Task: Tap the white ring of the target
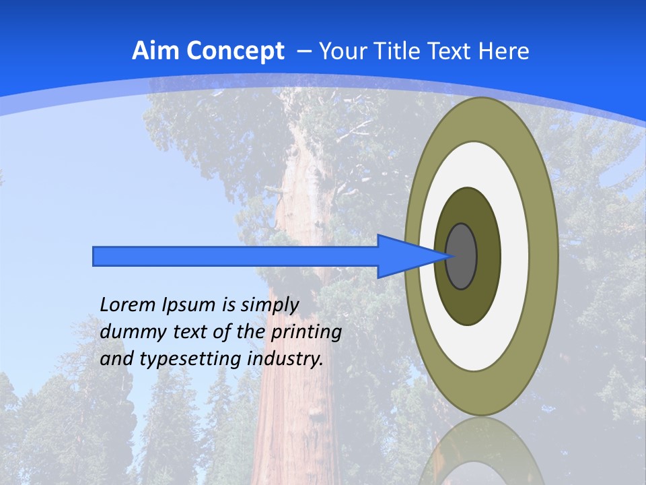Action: tap(515, 256)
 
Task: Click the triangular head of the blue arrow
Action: tap(404, 256)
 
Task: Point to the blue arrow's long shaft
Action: tap(236, 256)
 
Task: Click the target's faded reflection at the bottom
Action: tap(482, 451)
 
